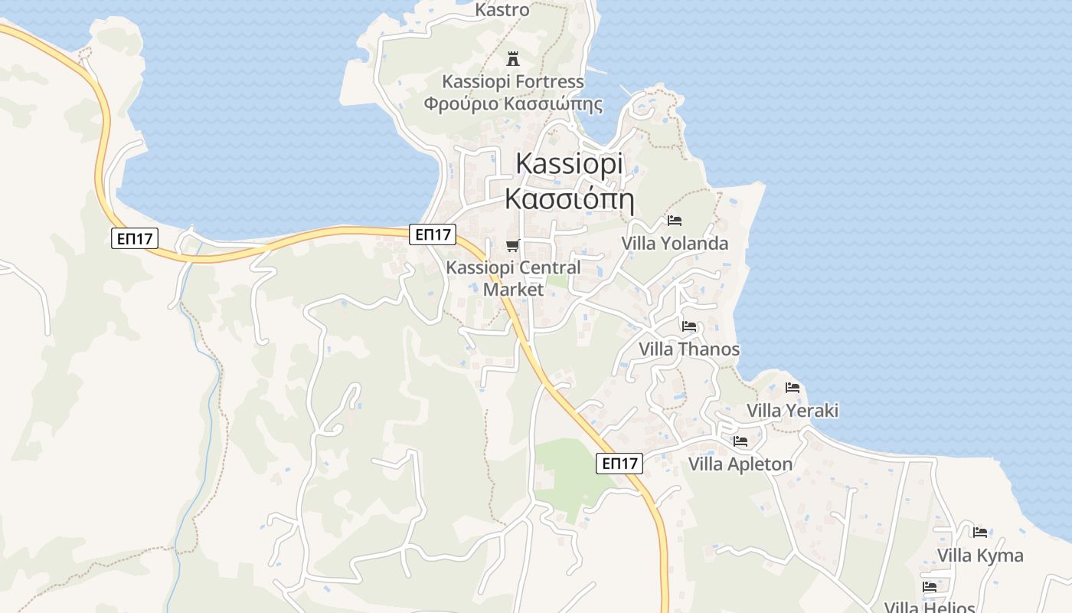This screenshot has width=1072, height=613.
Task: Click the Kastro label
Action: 502,10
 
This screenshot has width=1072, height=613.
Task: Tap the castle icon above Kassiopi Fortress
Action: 513,58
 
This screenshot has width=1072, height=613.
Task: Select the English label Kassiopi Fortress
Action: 513,81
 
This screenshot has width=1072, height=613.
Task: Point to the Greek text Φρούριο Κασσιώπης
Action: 513,104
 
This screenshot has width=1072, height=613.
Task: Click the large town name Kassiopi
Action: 570,163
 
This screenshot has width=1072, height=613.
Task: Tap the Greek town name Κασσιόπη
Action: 570,198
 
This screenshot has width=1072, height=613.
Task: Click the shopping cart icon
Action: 513,246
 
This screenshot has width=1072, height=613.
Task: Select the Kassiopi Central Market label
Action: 513,278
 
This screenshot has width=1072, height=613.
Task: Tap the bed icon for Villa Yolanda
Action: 675,221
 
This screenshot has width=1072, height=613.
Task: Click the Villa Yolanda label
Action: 675,244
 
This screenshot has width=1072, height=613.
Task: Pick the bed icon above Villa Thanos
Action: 689,326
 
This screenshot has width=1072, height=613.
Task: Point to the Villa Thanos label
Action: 689,349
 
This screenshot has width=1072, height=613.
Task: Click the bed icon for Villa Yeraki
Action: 793,388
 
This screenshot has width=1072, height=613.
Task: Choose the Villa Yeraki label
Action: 793,411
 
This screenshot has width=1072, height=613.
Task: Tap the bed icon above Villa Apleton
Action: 740,441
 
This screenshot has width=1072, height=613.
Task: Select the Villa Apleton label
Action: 740,464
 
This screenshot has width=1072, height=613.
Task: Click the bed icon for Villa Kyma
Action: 980,533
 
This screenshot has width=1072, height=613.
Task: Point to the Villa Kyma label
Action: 980,556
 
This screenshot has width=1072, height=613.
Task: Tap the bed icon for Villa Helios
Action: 930,587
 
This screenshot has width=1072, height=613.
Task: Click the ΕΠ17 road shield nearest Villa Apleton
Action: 619,464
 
